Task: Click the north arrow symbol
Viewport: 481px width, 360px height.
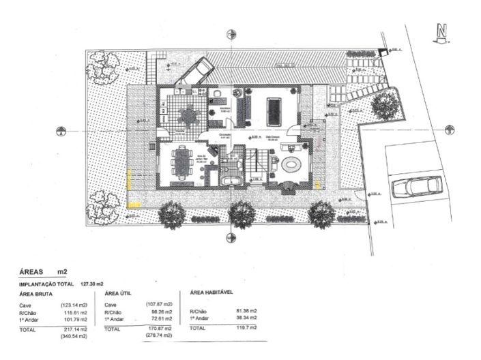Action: tap(443, 34)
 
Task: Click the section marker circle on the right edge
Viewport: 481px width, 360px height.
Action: tap(449, 129)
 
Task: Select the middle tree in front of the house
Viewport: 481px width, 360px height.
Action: tap(242, 214)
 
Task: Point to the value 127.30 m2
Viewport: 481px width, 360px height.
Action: tap(91, 283)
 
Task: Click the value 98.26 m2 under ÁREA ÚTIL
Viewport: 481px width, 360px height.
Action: tap(158, 312)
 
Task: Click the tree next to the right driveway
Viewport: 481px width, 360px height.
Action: tap(385, 104)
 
